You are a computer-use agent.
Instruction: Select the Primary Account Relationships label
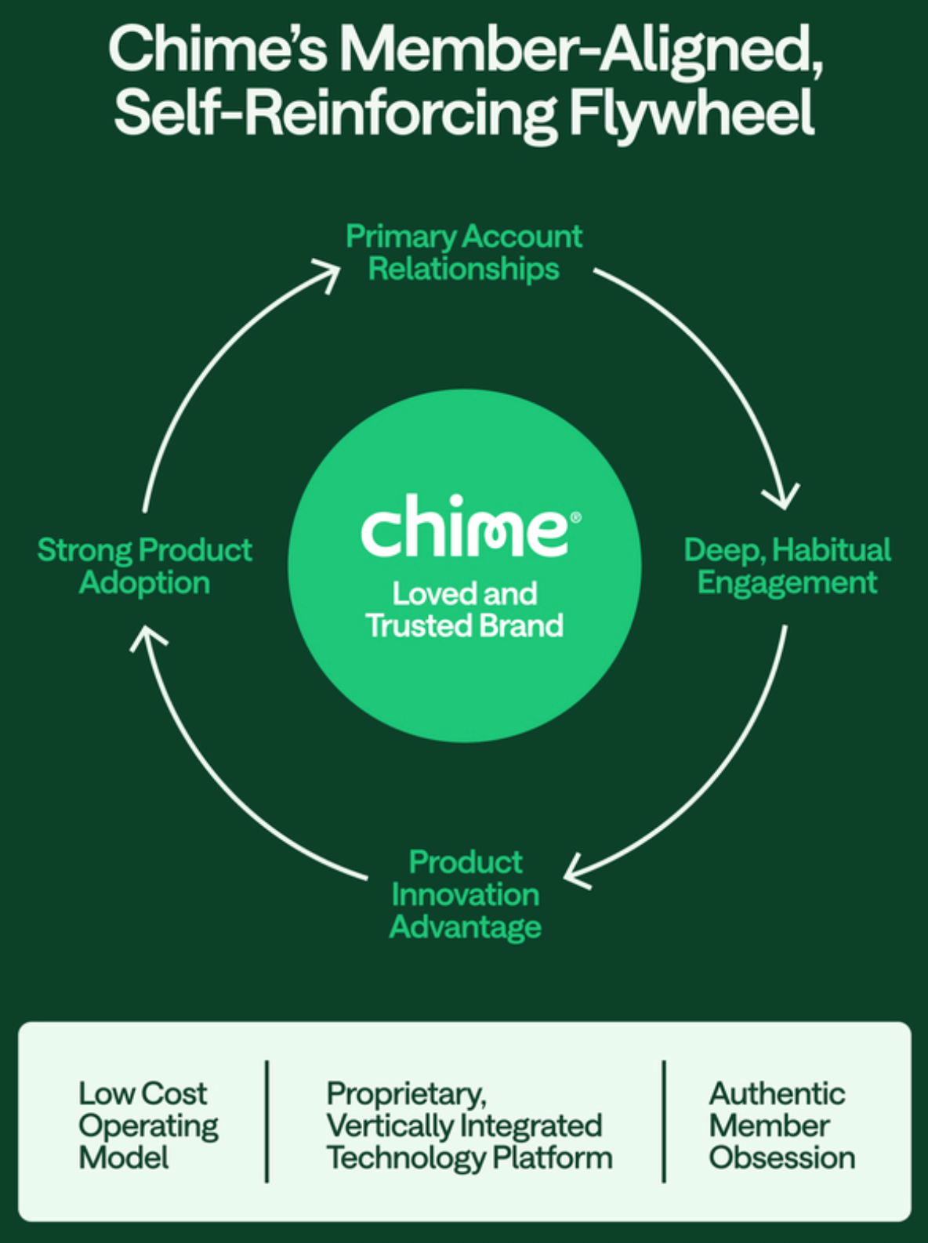[464, 252]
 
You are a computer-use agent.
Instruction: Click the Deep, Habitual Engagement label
[787, 566]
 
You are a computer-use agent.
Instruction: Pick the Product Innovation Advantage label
[466, 894]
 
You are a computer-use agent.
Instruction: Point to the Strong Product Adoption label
[145, 566]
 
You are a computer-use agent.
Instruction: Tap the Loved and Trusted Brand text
[465, 609]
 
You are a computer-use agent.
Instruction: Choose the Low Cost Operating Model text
[147, 1125]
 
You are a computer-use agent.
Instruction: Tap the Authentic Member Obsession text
[781, 1125]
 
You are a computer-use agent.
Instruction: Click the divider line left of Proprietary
[267, 1121]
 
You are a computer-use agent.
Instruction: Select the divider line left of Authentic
[664, 1121]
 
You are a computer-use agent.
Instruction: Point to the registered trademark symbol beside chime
[576, 517]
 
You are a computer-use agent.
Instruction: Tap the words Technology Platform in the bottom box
[469, 1158]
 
